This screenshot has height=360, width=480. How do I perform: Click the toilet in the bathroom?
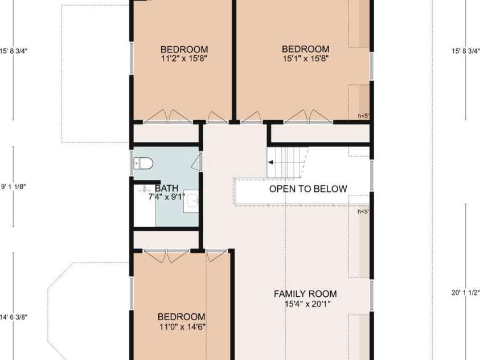(143, 163)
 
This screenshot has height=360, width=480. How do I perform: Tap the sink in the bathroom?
(191, 201)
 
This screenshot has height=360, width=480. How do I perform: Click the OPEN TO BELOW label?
(308, 189)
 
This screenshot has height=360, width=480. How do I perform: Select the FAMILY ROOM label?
(305, 294)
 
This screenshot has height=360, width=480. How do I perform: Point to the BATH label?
(166, 189)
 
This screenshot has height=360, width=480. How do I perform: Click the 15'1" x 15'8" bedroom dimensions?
(306, 59)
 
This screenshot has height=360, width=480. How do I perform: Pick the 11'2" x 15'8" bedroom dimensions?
(184, 59)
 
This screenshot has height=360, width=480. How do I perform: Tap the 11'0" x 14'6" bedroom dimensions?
(182, 327)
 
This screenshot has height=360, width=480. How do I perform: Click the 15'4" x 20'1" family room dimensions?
(307, 304)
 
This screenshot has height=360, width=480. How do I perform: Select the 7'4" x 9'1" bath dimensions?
(166, 197)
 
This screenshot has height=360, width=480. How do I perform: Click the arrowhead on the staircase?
(270, 162)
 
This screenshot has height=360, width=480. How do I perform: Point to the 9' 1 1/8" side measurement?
(14, 187)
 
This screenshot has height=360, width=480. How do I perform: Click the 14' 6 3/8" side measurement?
(14, 317)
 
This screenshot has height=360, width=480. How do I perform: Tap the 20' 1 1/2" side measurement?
(466, 293)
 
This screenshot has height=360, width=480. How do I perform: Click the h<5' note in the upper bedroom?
(363, 116)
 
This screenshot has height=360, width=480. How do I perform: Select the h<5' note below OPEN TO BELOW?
(363, 211)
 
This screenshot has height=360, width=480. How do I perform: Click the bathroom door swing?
(196, 161)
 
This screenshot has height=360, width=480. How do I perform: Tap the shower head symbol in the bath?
(143, 189)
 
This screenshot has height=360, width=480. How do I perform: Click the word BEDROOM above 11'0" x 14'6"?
(182, 317)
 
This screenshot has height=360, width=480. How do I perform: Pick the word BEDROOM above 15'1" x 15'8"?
(306, 49)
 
